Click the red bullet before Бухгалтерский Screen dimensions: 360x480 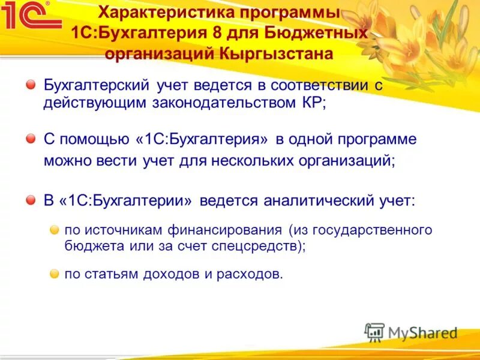coord(31,86)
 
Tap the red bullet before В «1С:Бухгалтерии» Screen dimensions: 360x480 coord(31,200)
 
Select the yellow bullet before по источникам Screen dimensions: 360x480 coord(54,230)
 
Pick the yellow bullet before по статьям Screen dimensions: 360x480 coord(54,274)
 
